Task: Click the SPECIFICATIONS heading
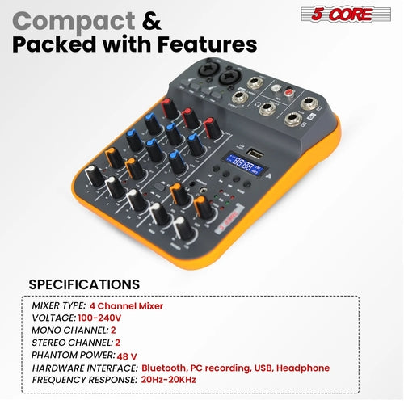[x=84, y=284]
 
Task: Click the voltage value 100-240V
[x=103, y=318]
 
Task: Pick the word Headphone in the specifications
[x=302, y=368]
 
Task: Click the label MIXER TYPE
[x=59, y=306]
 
